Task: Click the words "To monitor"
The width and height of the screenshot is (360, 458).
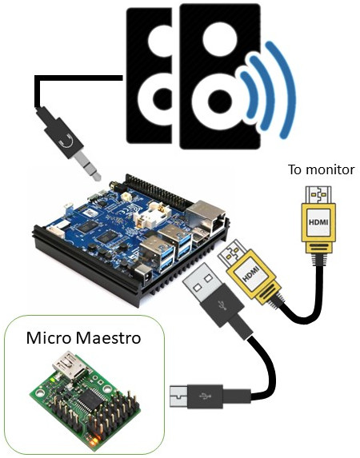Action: click(321, 169)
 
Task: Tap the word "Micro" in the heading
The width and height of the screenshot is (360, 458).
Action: click(49, 337)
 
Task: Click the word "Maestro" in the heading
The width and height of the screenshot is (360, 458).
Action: click(108, 337)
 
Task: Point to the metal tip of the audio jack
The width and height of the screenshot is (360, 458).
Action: click(88, 167)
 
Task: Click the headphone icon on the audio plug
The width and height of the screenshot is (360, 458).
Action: click(66, 142)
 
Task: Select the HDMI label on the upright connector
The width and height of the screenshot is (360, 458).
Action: click(318, 222)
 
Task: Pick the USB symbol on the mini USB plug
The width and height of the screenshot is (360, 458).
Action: click(206, 396)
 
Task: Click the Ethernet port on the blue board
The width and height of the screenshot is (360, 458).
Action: click(206, 216)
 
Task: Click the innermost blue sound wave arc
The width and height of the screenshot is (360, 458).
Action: click(249, 94)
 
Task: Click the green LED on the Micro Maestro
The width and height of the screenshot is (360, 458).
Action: click(52, 380)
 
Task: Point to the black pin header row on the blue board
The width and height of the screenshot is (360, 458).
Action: click(158, 191)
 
